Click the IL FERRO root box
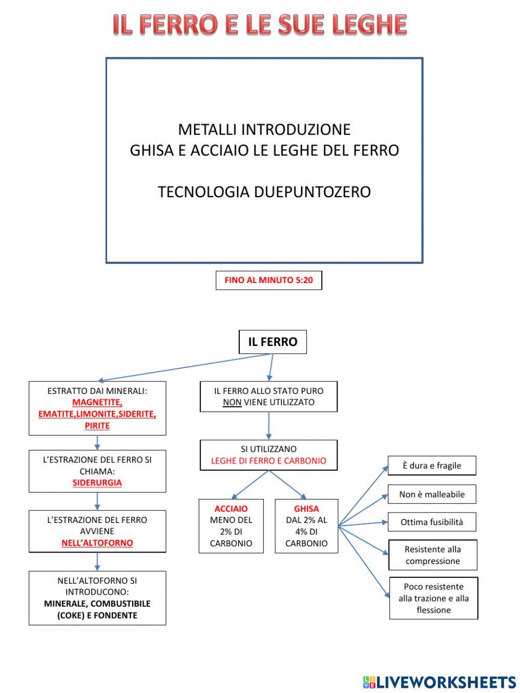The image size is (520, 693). [x=272, y=342]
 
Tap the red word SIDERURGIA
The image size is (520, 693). [x=97, y=482]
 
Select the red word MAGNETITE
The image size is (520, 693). [x=97, y=402]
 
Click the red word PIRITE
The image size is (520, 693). [x=97, y=426]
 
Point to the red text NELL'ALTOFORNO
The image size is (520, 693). [x=97, y=543]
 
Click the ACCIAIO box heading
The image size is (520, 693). [x=231, y=508]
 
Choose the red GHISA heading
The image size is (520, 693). [x=306, y=508]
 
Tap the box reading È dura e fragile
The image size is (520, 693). [x=432, y=466]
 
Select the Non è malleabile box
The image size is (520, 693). [x=432, y=494]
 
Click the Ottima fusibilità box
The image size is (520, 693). [x=432, y=522]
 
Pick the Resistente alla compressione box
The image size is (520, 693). [x=433, y=555]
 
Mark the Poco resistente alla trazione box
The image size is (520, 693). [x=434, y=598]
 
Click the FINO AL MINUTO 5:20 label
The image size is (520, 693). [x=269, y=280]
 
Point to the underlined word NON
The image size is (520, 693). [x=232, y=402]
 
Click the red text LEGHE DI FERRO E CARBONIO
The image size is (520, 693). [x=268, y=460]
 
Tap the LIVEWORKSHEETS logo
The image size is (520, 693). [x=439, y=682]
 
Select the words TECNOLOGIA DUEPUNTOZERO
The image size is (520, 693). [x=264, y=192]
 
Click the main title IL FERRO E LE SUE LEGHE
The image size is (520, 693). [x=260, y=24]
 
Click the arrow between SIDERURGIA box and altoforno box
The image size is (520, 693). [x=97, y=501]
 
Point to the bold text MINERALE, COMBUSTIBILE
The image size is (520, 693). [x=97, y=604]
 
